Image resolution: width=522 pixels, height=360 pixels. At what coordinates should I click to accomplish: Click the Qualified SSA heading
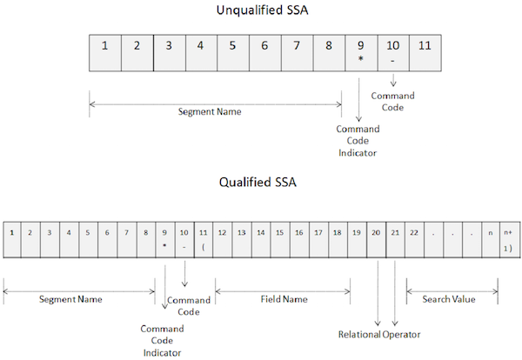point(260,183)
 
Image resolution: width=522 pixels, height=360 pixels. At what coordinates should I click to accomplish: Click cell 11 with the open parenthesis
point(203,239)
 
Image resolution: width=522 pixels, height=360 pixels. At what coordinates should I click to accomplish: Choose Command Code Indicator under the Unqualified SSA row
point(359,141)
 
